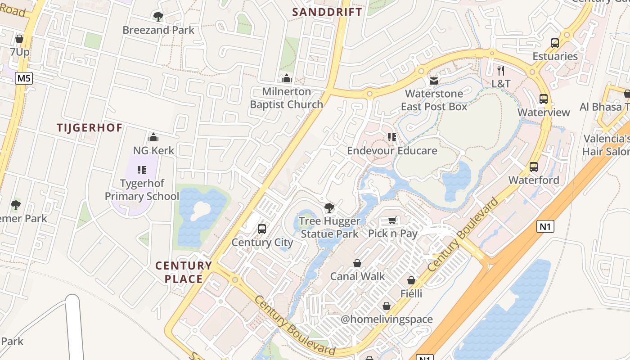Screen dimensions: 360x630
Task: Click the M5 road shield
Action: [24, 79]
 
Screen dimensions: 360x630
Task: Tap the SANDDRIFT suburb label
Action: [327, 12]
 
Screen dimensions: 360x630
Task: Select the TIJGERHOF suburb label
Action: [90, 128]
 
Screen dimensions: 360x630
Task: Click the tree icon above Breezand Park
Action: [158, 17]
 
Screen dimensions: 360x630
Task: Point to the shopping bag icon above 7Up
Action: [19, 39]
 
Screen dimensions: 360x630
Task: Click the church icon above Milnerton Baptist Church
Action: [287, 79]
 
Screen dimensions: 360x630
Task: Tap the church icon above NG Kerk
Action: [153, 137]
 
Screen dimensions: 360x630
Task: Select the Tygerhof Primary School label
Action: [142, 190]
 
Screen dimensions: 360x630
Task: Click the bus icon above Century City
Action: [262, 229]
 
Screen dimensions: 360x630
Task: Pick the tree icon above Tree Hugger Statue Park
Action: [329, 208]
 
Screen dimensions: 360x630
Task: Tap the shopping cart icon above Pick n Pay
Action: [392, 220]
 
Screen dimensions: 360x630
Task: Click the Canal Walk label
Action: [357, 276]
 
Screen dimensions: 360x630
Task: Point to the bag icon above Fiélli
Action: [411, 280]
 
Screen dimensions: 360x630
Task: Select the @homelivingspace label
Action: [387, 319]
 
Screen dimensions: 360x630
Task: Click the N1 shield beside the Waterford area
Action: [545, 226]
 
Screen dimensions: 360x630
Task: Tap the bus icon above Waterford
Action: [534, 167]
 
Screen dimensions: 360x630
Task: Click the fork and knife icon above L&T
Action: [501, 71]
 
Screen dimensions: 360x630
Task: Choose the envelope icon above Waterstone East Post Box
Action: [434, 81]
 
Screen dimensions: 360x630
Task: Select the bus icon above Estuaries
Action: [555, 43]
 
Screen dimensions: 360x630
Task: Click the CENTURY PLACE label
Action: [184, 272]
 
